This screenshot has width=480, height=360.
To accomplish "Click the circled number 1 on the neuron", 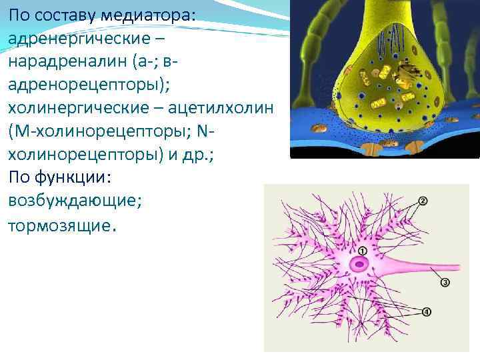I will click(x=362, y=251).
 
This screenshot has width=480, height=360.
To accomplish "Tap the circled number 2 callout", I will click(x=423, y=201).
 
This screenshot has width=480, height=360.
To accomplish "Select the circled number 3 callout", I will click(x=445, y=283).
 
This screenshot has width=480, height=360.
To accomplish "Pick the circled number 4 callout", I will click(x=426, y=311).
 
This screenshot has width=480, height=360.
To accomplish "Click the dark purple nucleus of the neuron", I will click(x=361, y=264).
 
